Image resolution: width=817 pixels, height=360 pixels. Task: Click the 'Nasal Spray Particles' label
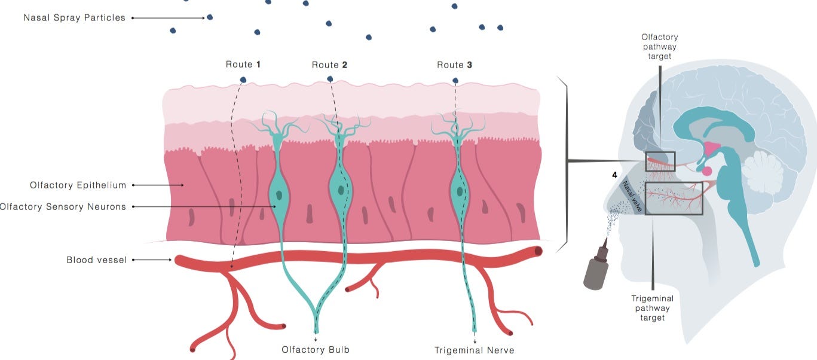tap(74, 18)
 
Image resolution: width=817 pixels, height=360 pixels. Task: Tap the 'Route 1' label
tap(243, 65)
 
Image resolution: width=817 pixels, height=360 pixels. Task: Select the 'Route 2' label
tap(329, 65)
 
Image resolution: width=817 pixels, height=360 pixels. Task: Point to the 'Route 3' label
tap(454, 65)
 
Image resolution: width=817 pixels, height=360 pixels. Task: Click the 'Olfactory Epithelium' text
tap(78, 185)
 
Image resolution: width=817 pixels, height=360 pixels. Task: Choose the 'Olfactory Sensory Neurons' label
tap(63, 207)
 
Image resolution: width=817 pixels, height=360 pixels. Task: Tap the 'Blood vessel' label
tap(97, 260)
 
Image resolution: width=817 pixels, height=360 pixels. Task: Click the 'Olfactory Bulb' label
tap(316, 350)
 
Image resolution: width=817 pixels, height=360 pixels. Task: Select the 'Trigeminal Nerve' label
tap(474, 350)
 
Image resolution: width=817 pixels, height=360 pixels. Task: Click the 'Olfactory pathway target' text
tap(659, 47)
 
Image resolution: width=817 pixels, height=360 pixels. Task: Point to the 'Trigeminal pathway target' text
tap(653, 308)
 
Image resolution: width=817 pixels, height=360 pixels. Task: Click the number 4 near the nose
tap(614, 175)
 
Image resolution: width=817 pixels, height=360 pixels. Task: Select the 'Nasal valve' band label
tap(632, 196)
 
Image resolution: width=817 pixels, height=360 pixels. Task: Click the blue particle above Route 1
tap(243, 80)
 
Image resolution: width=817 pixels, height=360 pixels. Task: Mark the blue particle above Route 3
tap(455, 80)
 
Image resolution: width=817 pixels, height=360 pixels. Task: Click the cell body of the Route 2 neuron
tap(341, 190)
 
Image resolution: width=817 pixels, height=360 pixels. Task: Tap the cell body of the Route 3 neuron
tap(460, 191)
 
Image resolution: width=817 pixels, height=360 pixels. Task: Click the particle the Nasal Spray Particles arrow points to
tap(210, 17)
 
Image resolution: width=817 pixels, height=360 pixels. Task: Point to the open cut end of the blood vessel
tap(538, 251)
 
